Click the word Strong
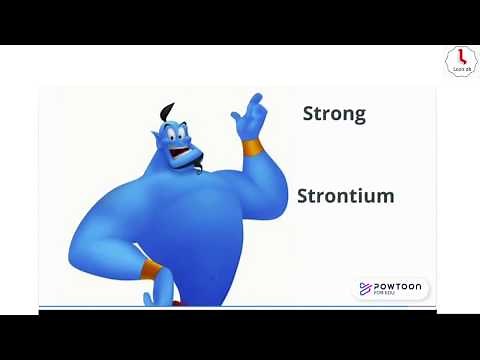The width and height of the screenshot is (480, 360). tap(334, 113)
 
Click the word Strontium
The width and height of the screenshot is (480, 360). tap(345, 196)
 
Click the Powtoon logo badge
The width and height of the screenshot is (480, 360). tap(391, 289)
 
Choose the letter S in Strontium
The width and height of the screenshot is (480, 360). tap(303, 196)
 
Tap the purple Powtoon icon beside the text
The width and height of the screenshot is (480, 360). tap(365, 289)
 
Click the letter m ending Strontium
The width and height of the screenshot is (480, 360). tap(384, 196)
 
